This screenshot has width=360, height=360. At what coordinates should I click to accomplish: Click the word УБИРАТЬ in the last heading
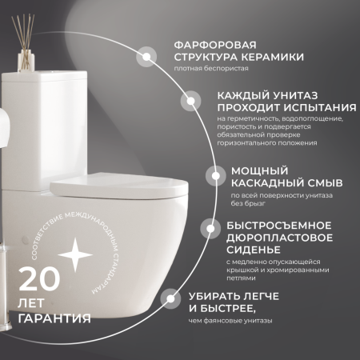(x=218, y=295)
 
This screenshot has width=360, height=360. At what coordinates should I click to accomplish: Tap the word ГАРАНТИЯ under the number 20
(x=54, y=318)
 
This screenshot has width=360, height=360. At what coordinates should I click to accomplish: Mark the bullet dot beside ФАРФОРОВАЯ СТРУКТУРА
(x=147, y=56)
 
